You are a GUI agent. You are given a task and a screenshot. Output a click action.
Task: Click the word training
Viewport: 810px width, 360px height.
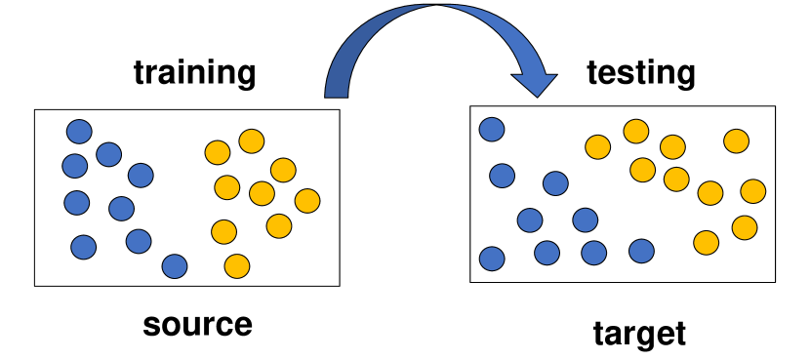tap(194, 73)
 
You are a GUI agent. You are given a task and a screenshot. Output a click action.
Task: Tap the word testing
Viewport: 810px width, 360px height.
tap(640, 72)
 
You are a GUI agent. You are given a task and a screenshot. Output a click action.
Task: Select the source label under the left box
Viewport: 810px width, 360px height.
tap(197, 324)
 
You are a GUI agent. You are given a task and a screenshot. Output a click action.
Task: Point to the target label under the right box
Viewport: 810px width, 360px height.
tap(639, 334)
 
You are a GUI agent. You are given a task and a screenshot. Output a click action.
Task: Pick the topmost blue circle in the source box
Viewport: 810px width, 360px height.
tap(79, 131)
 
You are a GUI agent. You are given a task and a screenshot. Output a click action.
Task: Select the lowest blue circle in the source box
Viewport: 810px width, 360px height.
tap(175, 265)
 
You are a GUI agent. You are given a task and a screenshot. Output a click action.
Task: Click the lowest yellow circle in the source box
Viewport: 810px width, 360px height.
tap(236, 265)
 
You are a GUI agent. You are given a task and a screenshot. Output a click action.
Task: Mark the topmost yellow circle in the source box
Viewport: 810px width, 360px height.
tap(252, 140)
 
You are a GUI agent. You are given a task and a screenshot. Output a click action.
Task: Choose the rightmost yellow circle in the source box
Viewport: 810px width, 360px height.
tap(307, 201)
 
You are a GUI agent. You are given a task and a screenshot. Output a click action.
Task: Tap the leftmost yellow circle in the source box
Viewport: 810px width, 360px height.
tap(218, 153)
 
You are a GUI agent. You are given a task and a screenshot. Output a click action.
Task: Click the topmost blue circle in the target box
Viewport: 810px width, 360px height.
tap(492, 129)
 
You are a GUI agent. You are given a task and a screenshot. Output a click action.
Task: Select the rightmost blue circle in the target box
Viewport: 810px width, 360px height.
tap(641, 251)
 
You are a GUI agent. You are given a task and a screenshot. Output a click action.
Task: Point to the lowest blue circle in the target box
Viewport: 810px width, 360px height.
tap(492, 259)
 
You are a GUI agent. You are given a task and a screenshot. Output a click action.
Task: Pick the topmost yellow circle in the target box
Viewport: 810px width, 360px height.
tap(636, 131)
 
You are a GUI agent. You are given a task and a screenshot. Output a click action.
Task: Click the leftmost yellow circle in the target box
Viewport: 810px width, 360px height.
tap(597, 147)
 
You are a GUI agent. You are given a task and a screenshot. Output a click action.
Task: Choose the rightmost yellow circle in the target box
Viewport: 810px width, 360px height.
tap(752, 190)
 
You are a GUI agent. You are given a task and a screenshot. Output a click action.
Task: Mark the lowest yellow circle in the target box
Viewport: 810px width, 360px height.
tap(706, 242)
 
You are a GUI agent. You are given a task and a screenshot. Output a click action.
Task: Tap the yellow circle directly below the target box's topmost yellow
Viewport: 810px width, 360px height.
tap(642, 170)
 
